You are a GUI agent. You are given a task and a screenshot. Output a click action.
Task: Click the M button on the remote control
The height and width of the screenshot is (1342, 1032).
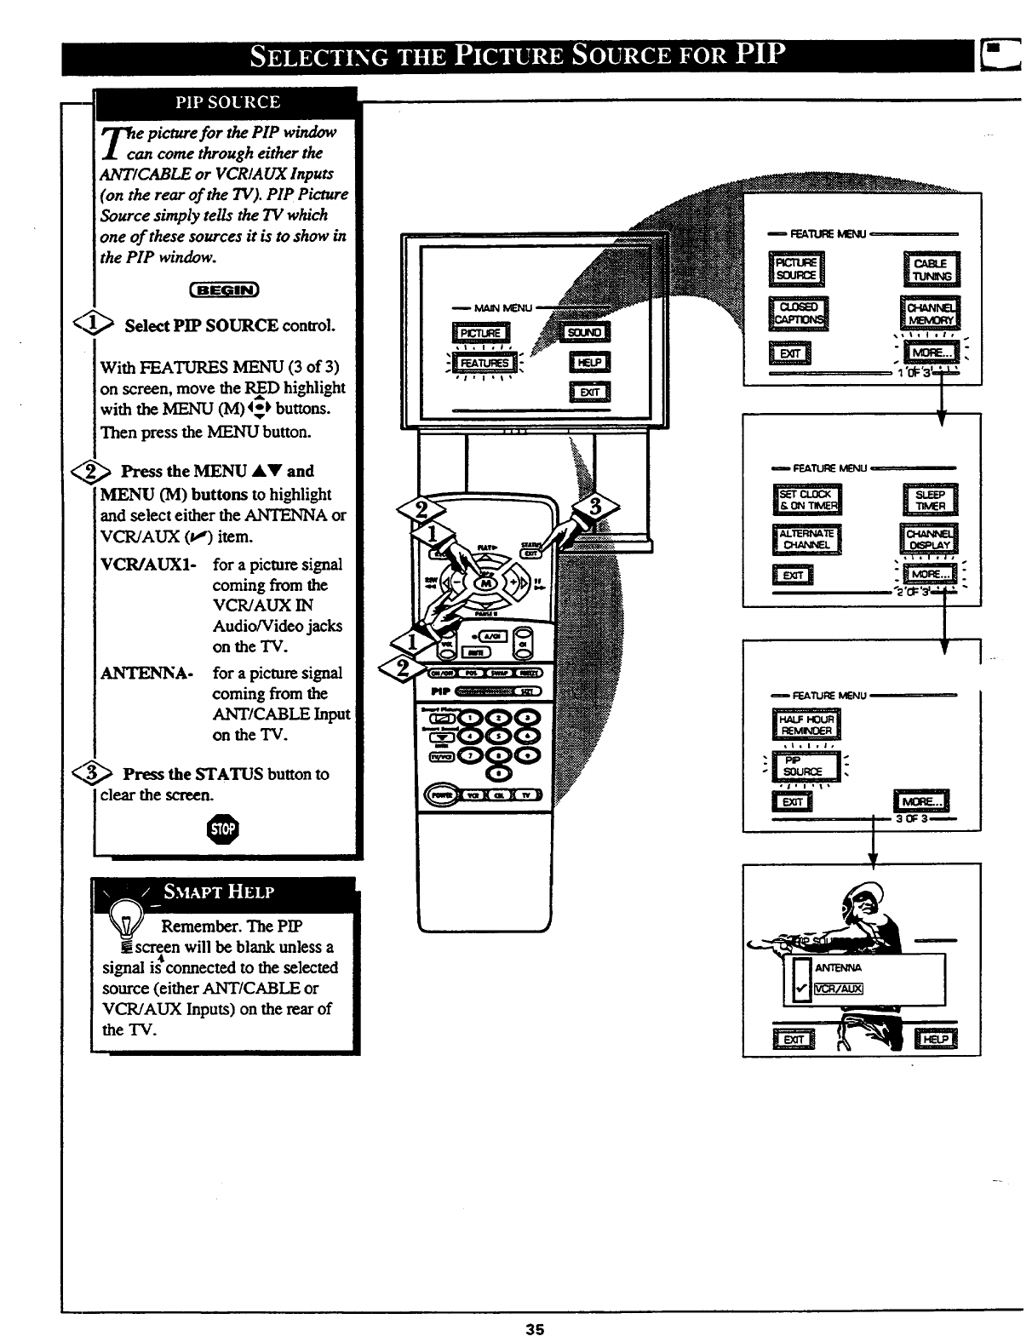point(487,583)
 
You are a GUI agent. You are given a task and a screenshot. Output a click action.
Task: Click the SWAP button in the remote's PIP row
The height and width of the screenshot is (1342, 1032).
point(500,672)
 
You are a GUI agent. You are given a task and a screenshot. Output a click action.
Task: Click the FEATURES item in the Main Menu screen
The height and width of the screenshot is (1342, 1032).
point(484,363)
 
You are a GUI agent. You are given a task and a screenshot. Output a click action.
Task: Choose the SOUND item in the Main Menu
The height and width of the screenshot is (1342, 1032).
point(585,333)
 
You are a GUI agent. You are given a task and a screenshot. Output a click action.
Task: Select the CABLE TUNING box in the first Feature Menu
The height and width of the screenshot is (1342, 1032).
point(930,269)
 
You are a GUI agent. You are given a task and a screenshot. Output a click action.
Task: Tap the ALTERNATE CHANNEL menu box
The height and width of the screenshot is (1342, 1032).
point(806,539)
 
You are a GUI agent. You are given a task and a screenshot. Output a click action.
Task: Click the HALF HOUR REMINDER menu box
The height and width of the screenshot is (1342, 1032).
point(806,725)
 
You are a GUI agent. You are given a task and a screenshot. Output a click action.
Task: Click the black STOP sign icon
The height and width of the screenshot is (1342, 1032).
point(230,828)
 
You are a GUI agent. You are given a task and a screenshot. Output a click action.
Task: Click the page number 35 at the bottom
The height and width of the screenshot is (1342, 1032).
point(534,1329)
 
